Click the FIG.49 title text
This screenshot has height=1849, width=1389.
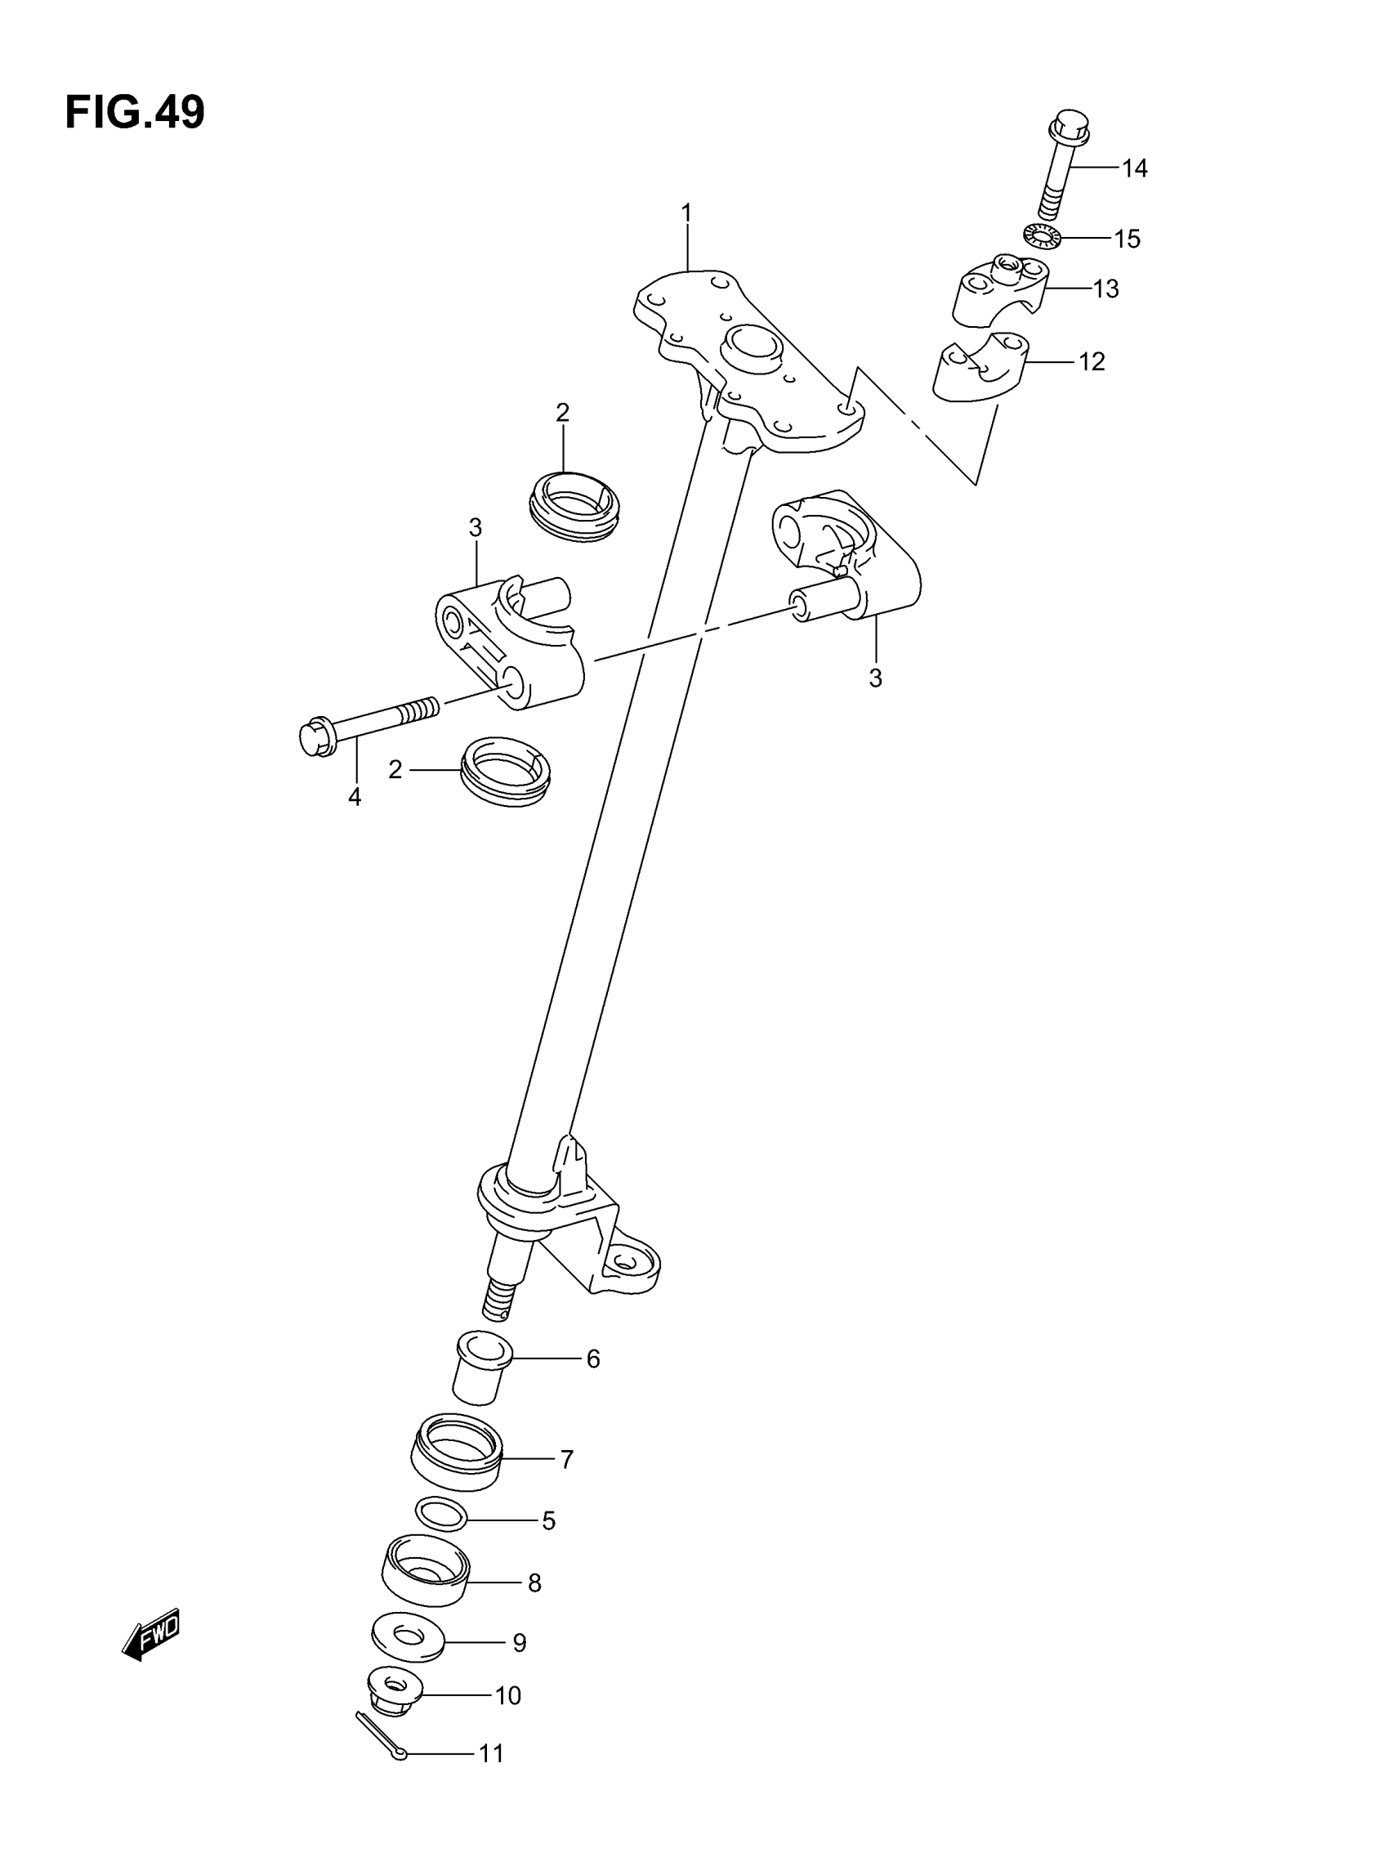(x=135, y=113)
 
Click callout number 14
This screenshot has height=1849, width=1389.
(x=1133, y=169)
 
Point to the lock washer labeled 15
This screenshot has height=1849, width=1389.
(x=1040, y=236)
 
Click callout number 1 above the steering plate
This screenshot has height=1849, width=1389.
(x=686, y=214)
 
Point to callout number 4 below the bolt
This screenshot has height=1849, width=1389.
(x=355, y=798)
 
